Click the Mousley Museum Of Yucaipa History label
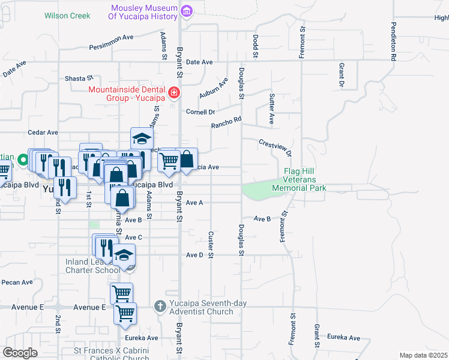(144, 13)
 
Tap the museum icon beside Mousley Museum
(186, 11)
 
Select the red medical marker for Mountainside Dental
(173, 92)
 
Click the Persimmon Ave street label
(111, 37)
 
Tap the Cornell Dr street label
(200, 112)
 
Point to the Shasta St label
(80, 78)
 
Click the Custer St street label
(211, 245)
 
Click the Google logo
(20, 352)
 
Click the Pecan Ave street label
(17, 282)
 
